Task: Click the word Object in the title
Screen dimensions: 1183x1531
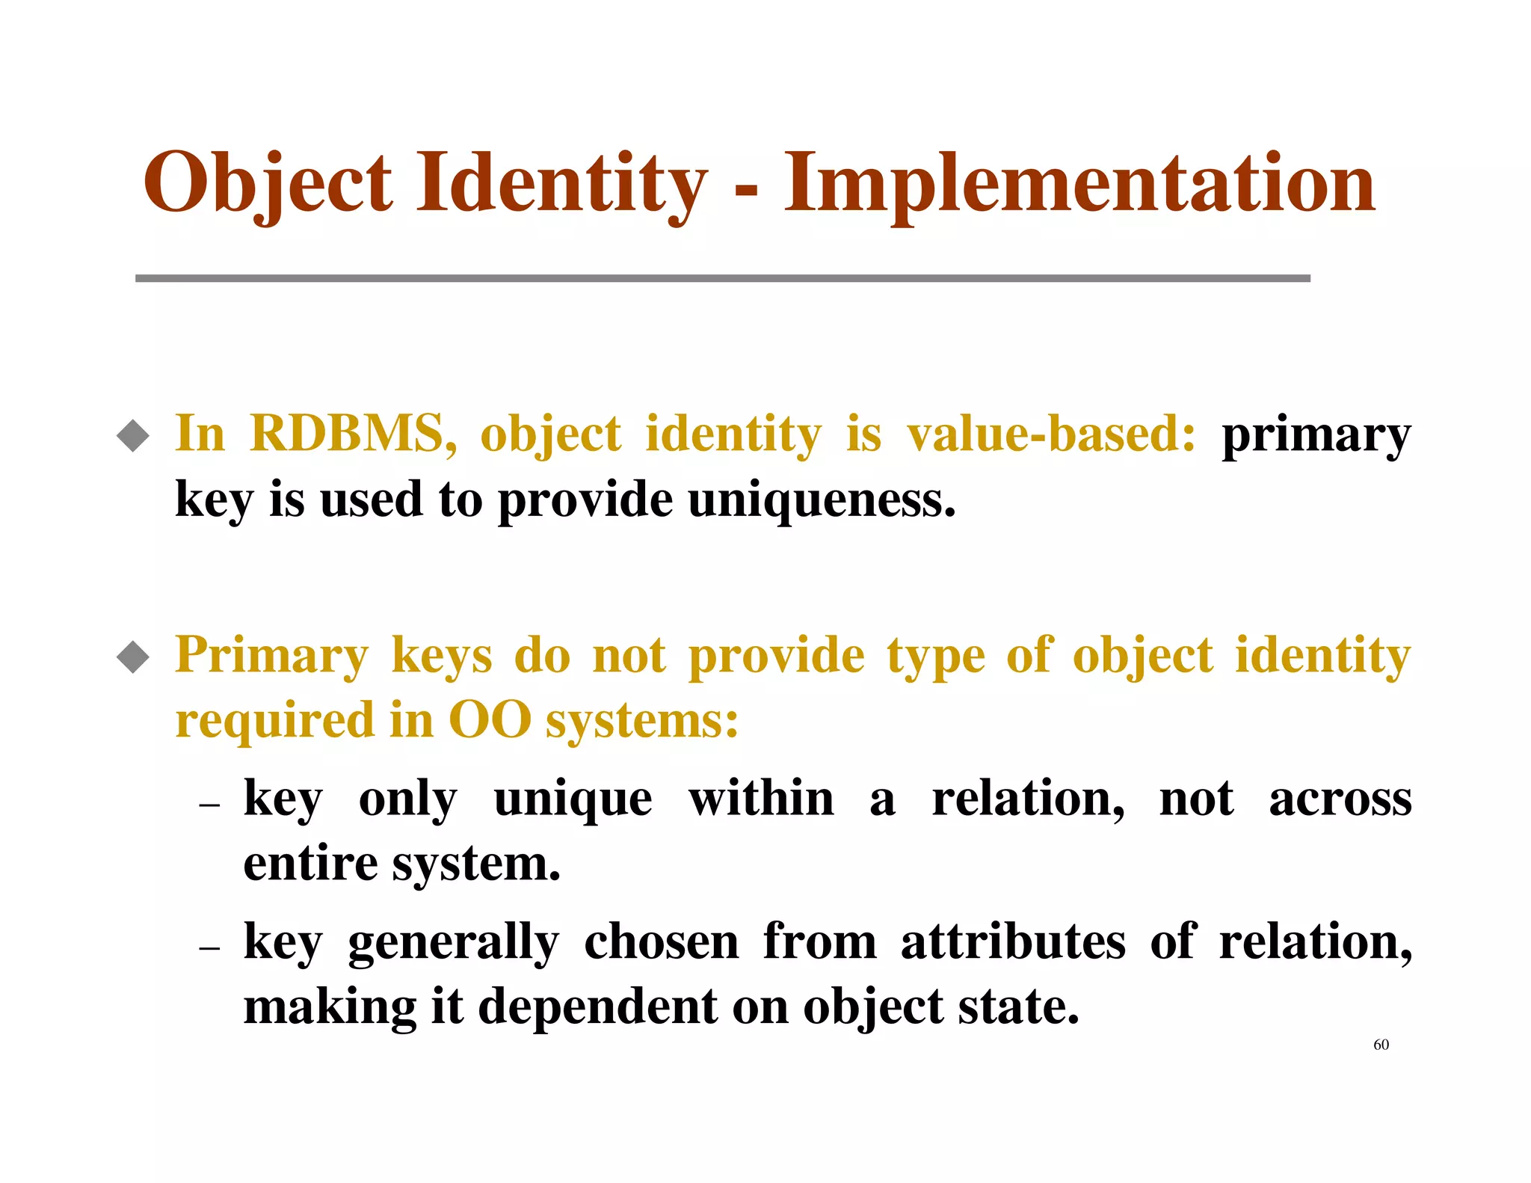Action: click(x=267, y=183)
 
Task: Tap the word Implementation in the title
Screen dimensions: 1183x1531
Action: click(x=1079, y=183)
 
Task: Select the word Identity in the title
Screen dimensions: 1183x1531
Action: click(x=561, y=183)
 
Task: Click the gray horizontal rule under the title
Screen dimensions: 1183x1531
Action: click(x=722, y=278)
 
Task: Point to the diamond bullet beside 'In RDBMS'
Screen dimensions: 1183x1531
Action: click(x=133, y=435)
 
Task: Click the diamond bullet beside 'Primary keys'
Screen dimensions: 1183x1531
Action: click(x=133, y=657)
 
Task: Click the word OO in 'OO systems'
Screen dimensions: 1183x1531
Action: click(x=490, y=720)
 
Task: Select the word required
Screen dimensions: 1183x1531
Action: click(x=274, y=720)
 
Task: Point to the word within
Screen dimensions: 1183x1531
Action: click(x=761, y=798)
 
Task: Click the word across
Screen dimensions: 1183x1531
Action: click(x=1340, y=798)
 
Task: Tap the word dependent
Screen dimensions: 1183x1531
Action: click(x=598, y=1007)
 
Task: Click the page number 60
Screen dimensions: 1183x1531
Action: click(x=1381, y=1045)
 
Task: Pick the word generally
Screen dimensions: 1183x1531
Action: click(x=453, y=942)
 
